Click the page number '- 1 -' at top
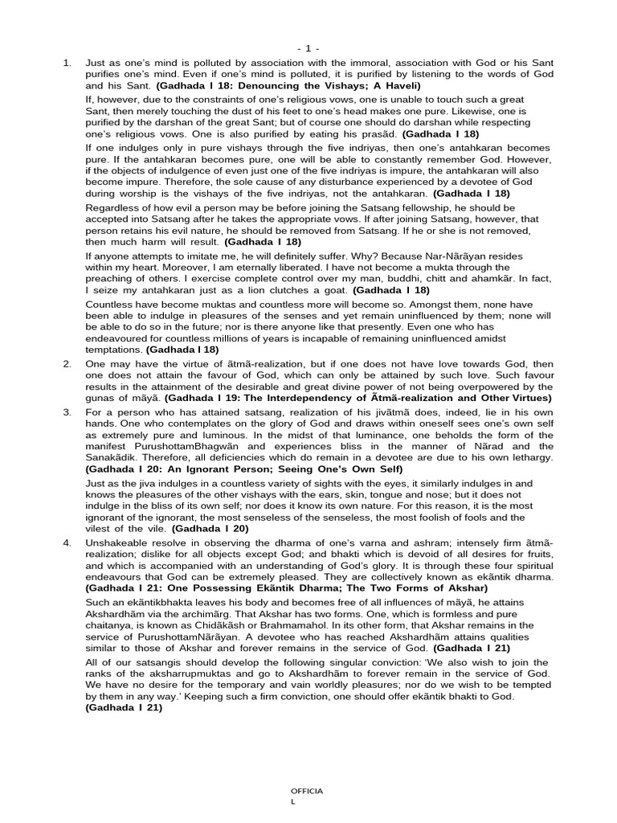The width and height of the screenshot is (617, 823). coord(308,48)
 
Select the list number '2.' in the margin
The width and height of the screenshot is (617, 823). coord(67,364)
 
